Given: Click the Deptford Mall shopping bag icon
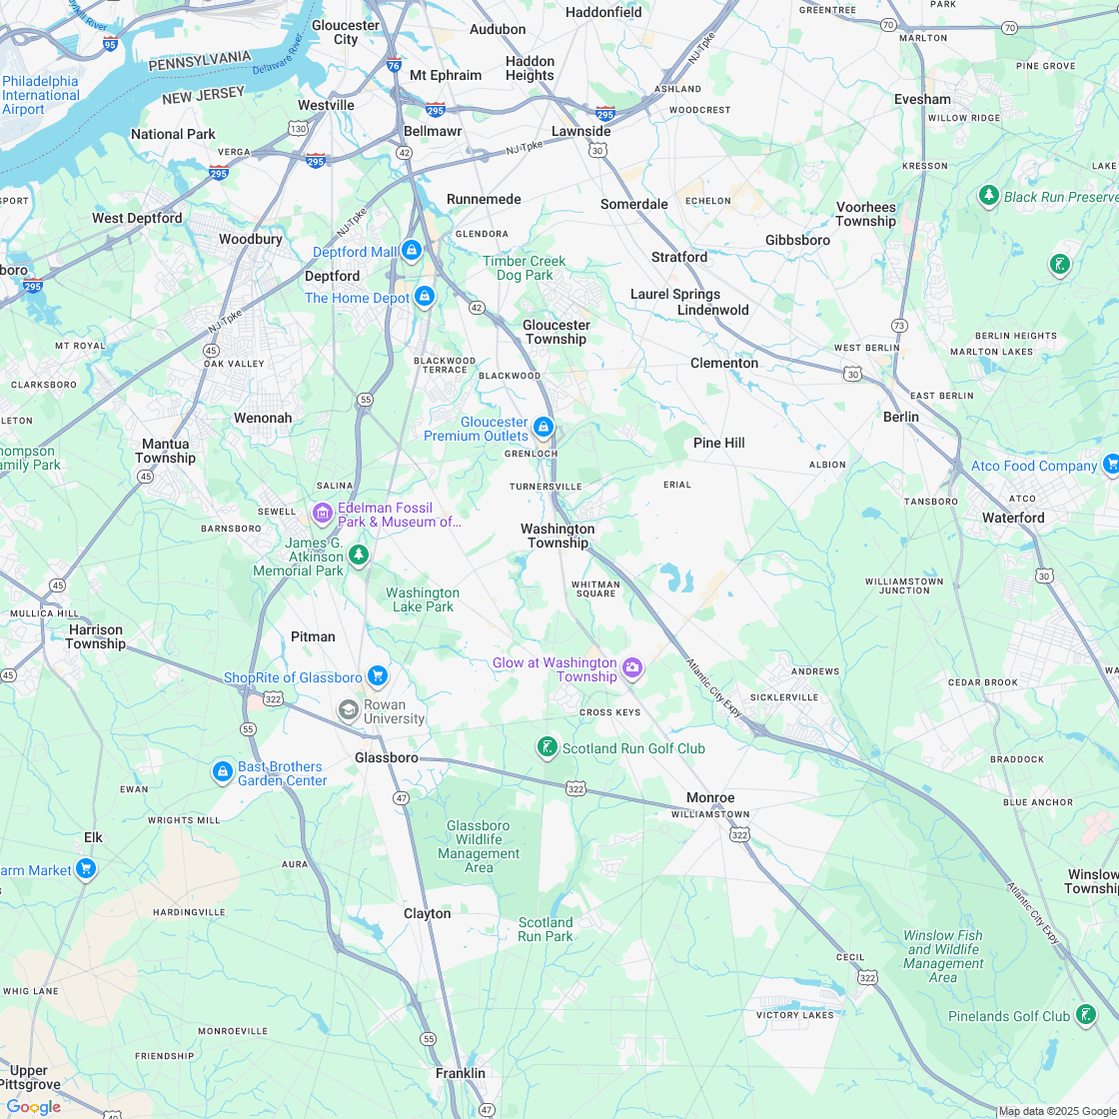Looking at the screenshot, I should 411,250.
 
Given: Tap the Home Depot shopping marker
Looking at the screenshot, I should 425,297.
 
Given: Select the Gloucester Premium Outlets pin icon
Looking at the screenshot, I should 544,428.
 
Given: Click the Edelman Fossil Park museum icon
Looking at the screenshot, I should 322,514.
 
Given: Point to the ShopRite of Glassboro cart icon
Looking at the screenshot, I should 377,676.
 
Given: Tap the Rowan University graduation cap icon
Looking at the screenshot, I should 349,709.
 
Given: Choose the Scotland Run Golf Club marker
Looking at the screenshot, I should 547,747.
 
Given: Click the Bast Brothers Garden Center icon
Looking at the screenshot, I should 223,772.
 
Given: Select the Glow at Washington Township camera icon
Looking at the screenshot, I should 632,668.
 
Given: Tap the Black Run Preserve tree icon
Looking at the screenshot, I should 989,196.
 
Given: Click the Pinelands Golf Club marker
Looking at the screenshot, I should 1085,1015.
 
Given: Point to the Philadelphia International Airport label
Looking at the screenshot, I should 40,95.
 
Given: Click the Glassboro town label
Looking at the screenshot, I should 387,757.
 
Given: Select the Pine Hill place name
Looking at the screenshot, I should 719,443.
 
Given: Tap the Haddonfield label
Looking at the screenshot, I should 603,12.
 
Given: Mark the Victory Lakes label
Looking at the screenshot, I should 794,1015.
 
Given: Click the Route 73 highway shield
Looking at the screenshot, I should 899,326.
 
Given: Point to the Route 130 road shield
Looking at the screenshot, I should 298,128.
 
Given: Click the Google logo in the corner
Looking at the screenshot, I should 34,1106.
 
